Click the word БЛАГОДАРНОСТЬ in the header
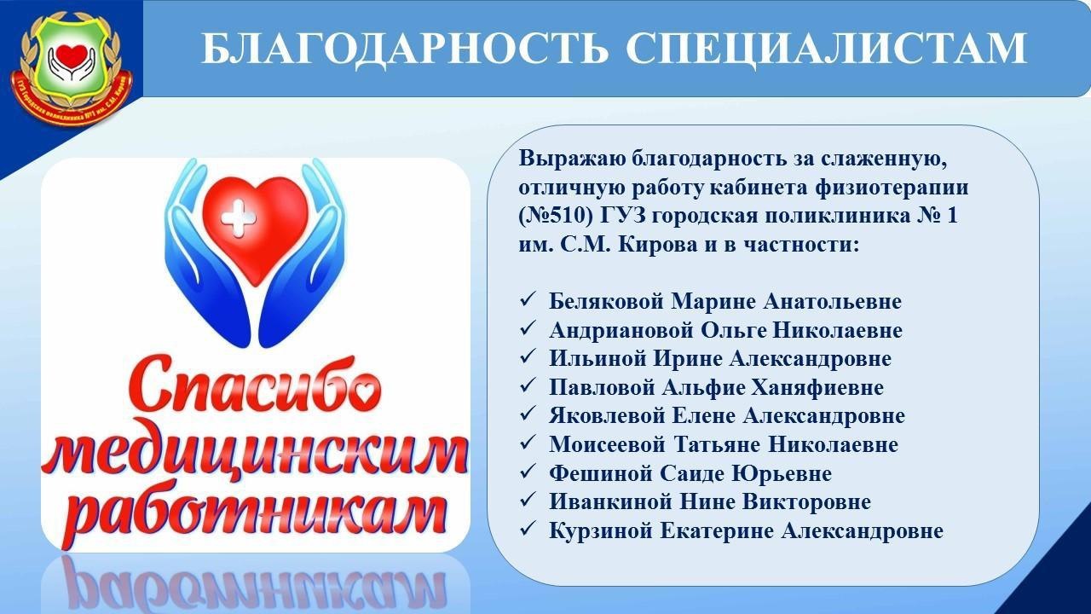pyautogui.click(x=405, y=49)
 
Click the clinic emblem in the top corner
pyautogui.click(x=72, y=67)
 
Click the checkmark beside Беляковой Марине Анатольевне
pyautogui.click(x=528, y=300)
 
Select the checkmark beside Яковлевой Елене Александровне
pyautogui.click(x=528, y=414)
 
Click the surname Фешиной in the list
pyautogui.click(x=601, y=473)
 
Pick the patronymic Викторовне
pyautogui.click(x=813, y=502)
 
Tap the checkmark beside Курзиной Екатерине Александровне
pyautogui.click(x=528, y=530)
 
